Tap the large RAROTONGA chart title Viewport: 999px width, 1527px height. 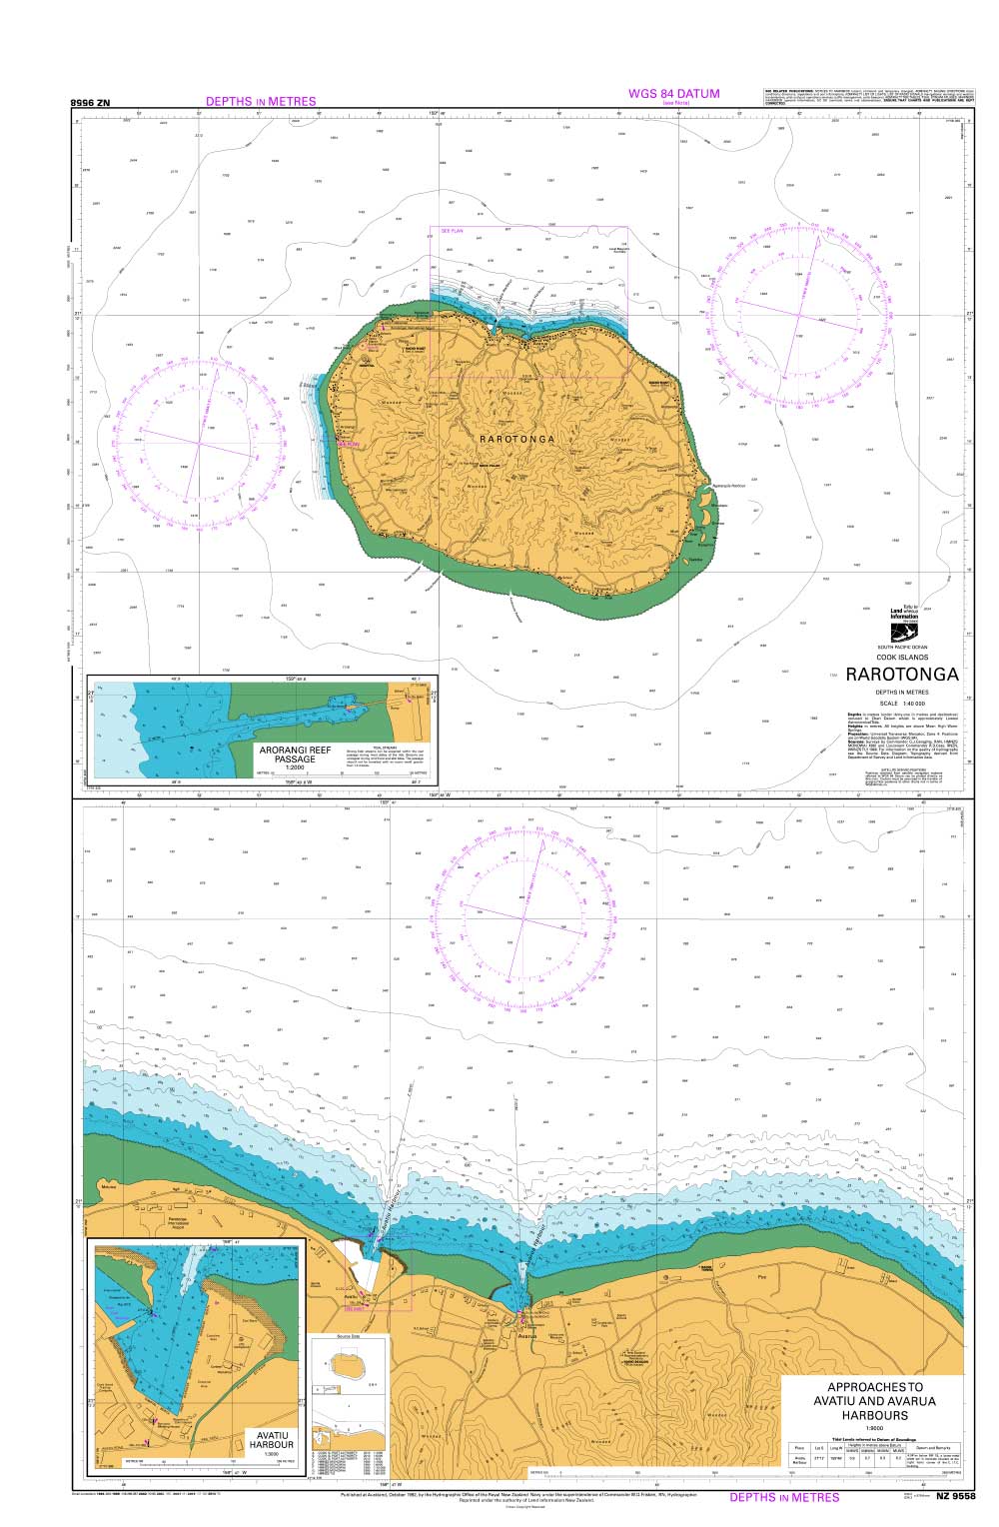point(901,675)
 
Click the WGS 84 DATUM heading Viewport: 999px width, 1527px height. point(673,94)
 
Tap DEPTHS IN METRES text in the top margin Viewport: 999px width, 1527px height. point(260,101)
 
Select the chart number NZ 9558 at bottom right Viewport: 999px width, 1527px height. point(955,1497)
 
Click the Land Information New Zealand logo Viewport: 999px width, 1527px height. point(903,625)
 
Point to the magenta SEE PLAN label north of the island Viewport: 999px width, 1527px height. point(453,231)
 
